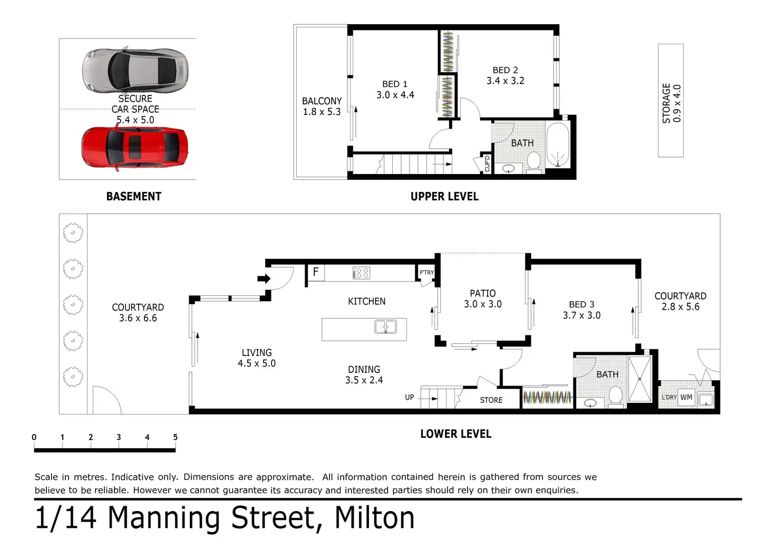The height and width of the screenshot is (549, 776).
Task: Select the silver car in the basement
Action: click(x=135, y=70)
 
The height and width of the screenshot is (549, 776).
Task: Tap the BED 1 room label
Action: click(x=394, y=84)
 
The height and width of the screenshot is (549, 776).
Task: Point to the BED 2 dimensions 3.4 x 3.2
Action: click(x=505, y=81)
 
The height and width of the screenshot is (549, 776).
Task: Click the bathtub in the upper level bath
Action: click(x=558, y=145)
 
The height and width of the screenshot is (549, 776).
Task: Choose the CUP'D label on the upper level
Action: click(x=487, y=163)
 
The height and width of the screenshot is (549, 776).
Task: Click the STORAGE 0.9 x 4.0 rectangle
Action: click(x=671, y=101)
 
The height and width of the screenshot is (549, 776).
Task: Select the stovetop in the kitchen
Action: click(x=361, y=273)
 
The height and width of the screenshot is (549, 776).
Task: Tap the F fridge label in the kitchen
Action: click(x=316, y=272)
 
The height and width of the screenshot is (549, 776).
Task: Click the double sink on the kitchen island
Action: click(x=385, y=326)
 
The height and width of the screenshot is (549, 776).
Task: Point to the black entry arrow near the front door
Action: click(x=264, y=278)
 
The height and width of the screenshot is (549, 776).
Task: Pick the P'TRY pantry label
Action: click(x=426, y=273)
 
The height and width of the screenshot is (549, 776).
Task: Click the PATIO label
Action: click(x=482, y=293)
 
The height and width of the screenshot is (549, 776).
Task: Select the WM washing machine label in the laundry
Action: click(x=686, y=397)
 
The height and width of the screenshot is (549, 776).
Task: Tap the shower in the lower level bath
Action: click(x=639, y=379)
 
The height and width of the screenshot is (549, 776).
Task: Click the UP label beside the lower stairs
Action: click(x=410, y=397)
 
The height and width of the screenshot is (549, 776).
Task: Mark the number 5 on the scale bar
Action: click(x=176, y=437)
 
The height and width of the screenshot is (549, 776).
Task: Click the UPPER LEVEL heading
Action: click(x=444, y=197)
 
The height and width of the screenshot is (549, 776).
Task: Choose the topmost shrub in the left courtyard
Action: click(x=73, y=233)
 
